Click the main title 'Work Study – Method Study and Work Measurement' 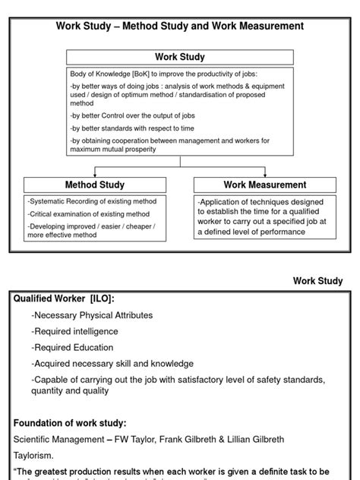(x=180, y=26)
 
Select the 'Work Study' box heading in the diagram (x=180, y=57)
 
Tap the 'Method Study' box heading (x=95, y=185)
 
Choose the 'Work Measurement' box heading (x=265, y=185)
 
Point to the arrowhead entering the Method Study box (x=95, y=174)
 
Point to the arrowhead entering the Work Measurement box (x=265, y=174)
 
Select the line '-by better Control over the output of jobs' (x=133, y=115)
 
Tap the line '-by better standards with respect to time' (x=132, y=128)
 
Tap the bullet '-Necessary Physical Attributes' (x=92, y=314)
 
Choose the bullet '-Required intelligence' (x=74, y=331)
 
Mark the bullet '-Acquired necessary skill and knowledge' (x=112, y=364)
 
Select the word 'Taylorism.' (x=33, y=455)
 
